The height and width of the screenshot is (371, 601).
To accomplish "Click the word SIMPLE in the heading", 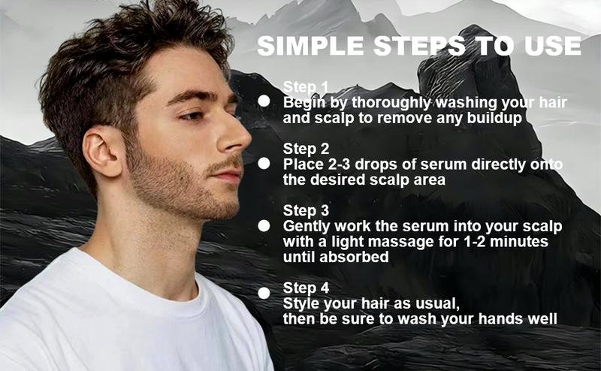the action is pyautogui.click(x=310, y=46).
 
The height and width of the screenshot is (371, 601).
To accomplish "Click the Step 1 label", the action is pyautogui.click(x=306, y=87).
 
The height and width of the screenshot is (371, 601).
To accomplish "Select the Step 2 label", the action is pyautogui.click(x=306, y=149).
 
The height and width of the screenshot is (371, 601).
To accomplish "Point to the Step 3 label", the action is pyautogui.click(x=306, y=210).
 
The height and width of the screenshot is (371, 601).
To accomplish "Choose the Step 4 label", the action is pyautogui.click(x=306, y=288).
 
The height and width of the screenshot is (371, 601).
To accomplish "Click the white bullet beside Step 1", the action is pyautogui.click(x=264, y=101).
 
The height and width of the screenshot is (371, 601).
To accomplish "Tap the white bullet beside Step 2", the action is pyautogui.click(x=264, y=163).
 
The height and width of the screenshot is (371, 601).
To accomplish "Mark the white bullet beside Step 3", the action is pyautogui.click(x=264, y=226).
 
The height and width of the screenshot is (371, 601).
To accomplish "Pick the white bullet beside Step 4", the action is pyautogui.click(x=264, y=293).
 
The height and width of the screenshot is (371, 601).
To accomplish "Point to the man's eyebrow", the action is pyautogui.click(x=195, y=95).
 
